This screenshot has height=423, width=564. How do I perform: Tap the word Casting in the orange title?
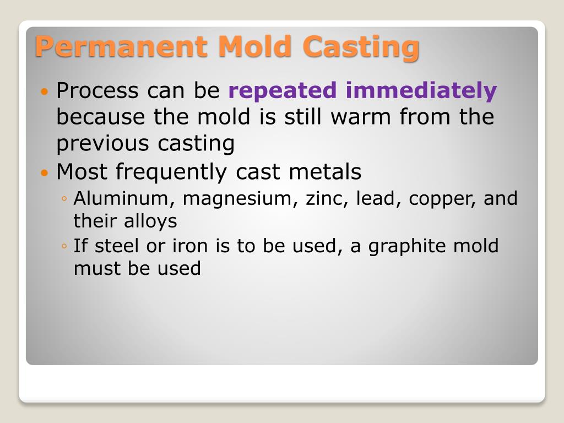click(361, 46)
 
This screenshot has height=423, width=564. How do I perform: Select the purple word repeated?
click(283, 90)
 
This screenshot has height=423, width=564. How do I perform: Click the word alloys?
click(150, 221)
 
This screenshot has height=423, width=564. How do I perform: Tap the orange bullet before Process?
click(45, 90)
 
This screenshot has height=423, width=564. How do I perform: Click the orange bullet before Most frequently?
click(45, 172)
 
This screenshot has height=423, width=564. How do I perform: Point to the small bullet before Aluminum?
click(64, 199)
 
